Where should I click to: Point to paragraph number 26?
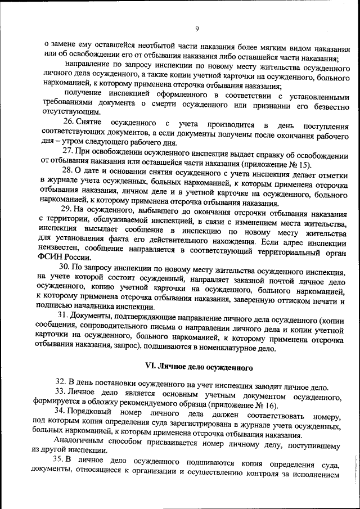(69, 123)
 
